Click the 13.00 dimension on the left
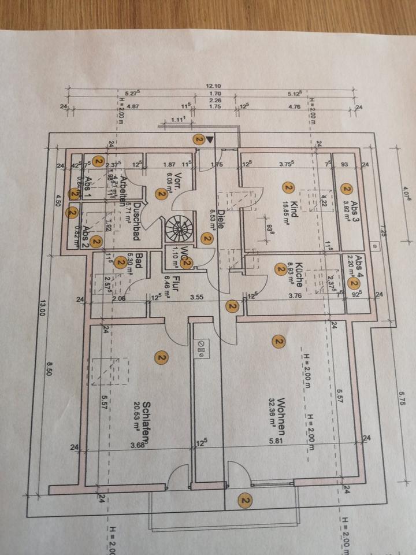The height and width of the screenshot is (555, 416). [x=41, y=319]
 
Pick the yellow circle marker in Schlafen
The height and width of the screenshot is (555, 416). [x=161, y=358]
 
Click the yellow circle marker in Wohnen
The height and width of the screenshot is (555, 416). [x=279, y=343]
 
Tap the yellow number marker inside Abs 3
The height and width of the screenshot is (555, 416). [x=346, y=189]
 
